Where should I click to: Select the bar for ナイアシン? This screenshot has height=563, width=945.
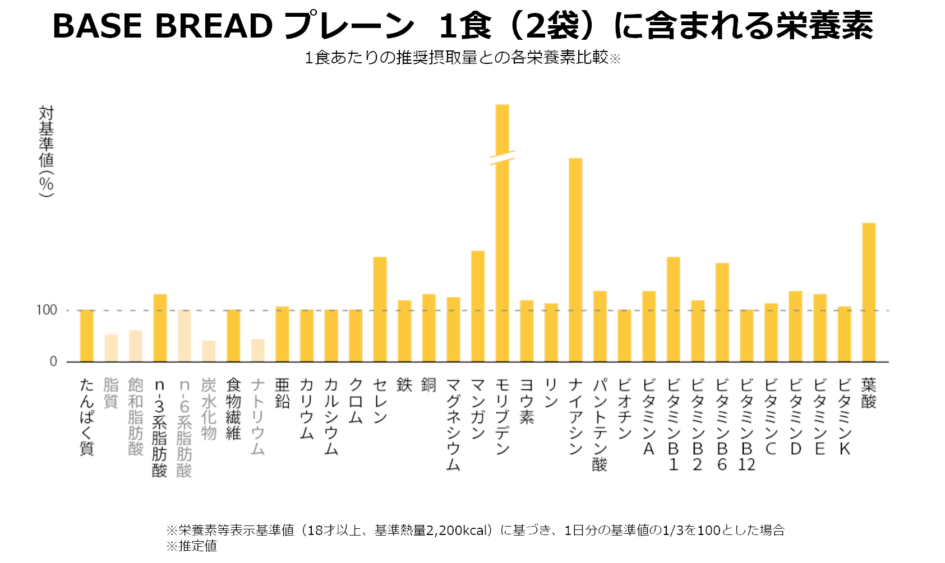pos(575,260)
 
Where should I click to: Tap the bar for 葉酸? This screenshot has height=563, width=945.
pos(869,292)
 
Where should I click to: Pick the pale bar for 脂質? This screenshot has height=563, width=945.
pos(111,348)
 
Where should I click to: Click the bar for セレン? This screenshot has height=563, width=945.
pos(380,309)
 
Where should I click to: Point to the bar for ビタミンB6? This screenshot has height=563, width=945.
pos(722,313)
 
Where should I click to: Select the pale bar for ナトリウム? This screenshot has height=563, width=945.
pos(258,350)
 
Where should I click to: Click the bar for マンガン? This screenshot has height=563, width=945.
pos(477,306)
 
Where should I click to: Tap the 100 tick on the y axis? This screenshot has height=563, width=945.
pos(47,310)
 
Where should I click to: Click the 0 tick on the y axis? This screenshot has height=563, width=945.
pos(53,362)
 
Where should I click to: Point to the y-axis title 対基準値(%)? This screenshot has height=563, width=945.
pos(46,151)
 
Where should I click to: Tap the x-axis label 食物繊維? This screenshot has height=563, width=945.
pos(233,408)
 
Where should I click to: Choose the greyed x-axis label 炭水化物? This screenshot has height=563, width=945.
pos(209,408)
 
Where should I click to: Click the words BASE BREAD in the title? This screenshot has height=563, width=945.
pos(163,26)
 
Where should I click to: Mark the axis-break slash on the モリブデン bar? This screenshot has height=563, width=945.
pos(502,157)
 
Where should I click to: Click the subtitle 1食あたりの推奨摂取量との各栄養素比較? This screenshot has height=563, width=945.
pos(455,57)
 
